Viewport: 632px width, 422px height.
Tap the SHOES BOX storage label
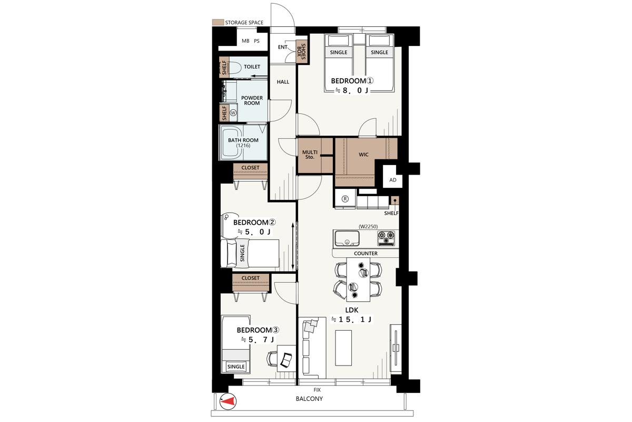301,52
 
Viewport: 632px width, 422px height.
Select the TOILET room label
252,66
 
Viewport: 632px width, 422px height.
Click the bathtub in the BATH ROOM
232,142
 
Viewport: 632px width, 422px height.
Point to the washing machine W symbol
233,113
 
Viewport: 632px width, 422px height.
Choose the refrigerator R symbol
345,199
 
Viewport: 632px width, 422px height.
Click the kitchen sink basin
347,238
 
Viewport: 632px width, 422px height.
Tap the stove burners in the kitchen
386,238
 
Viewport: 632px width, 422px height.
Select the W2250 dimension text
368,226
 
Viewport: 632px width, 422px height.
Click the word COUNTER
366,254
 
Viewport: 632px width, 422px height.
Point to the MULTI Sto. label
310,155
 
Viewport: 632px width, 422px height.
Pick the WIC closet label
363,155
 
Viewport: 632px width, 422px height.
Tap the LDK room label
352,310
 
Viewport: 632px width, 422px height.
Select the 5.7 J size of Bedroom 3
258,340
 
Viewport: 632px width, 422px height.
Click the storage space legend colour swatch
218,22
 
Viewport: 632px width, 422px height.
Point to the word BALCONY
309,399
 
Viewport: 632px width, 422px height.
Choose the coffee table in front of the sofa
343,348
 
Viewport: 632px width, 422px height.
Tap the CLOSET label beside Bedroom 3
250,278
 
